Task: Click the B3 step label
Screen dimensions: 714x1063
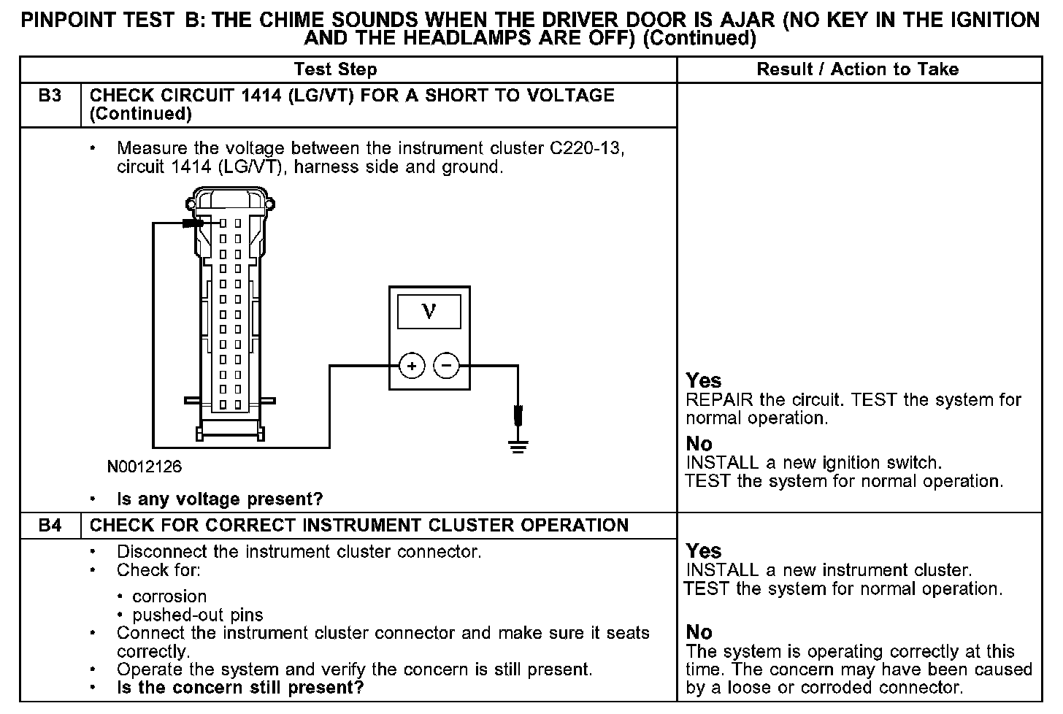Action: point(50,96)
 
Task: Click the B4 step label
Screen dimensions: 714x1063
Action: point(50,526)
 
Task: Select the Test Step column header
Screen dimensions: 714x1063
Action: point(335,69)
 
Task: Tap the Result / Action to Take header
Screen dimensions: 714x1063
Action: point(858,69)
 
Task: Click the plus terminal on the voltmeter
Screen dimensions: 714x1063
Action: point(412,366)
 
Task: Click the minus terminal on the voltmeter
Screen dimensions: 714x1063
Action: point(447,366)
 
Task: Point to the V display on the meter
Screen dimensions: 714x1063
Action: point(429,312)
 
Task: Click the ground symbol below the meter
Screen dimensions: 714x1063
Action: point(518,445)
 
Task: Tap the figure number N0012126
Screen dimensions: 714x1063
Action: point(145,466)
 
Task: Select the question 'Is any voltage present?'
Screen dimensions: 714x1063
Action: point(220,499)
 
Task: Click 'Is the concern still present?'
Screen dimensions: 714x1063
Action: point(240,688)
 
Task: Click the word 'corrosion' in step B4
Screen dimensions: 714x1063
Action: point(169,596)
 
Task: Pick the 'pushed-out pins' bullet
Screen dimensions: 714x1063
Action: point(198,615)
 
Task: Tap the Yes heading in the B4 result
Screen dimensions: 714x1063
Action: point(704,551)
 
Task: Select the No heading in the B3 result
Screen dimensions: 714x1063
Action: point(699,444)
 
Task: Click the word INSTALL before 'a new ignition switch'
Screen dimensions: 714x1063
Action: point(723,463)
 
